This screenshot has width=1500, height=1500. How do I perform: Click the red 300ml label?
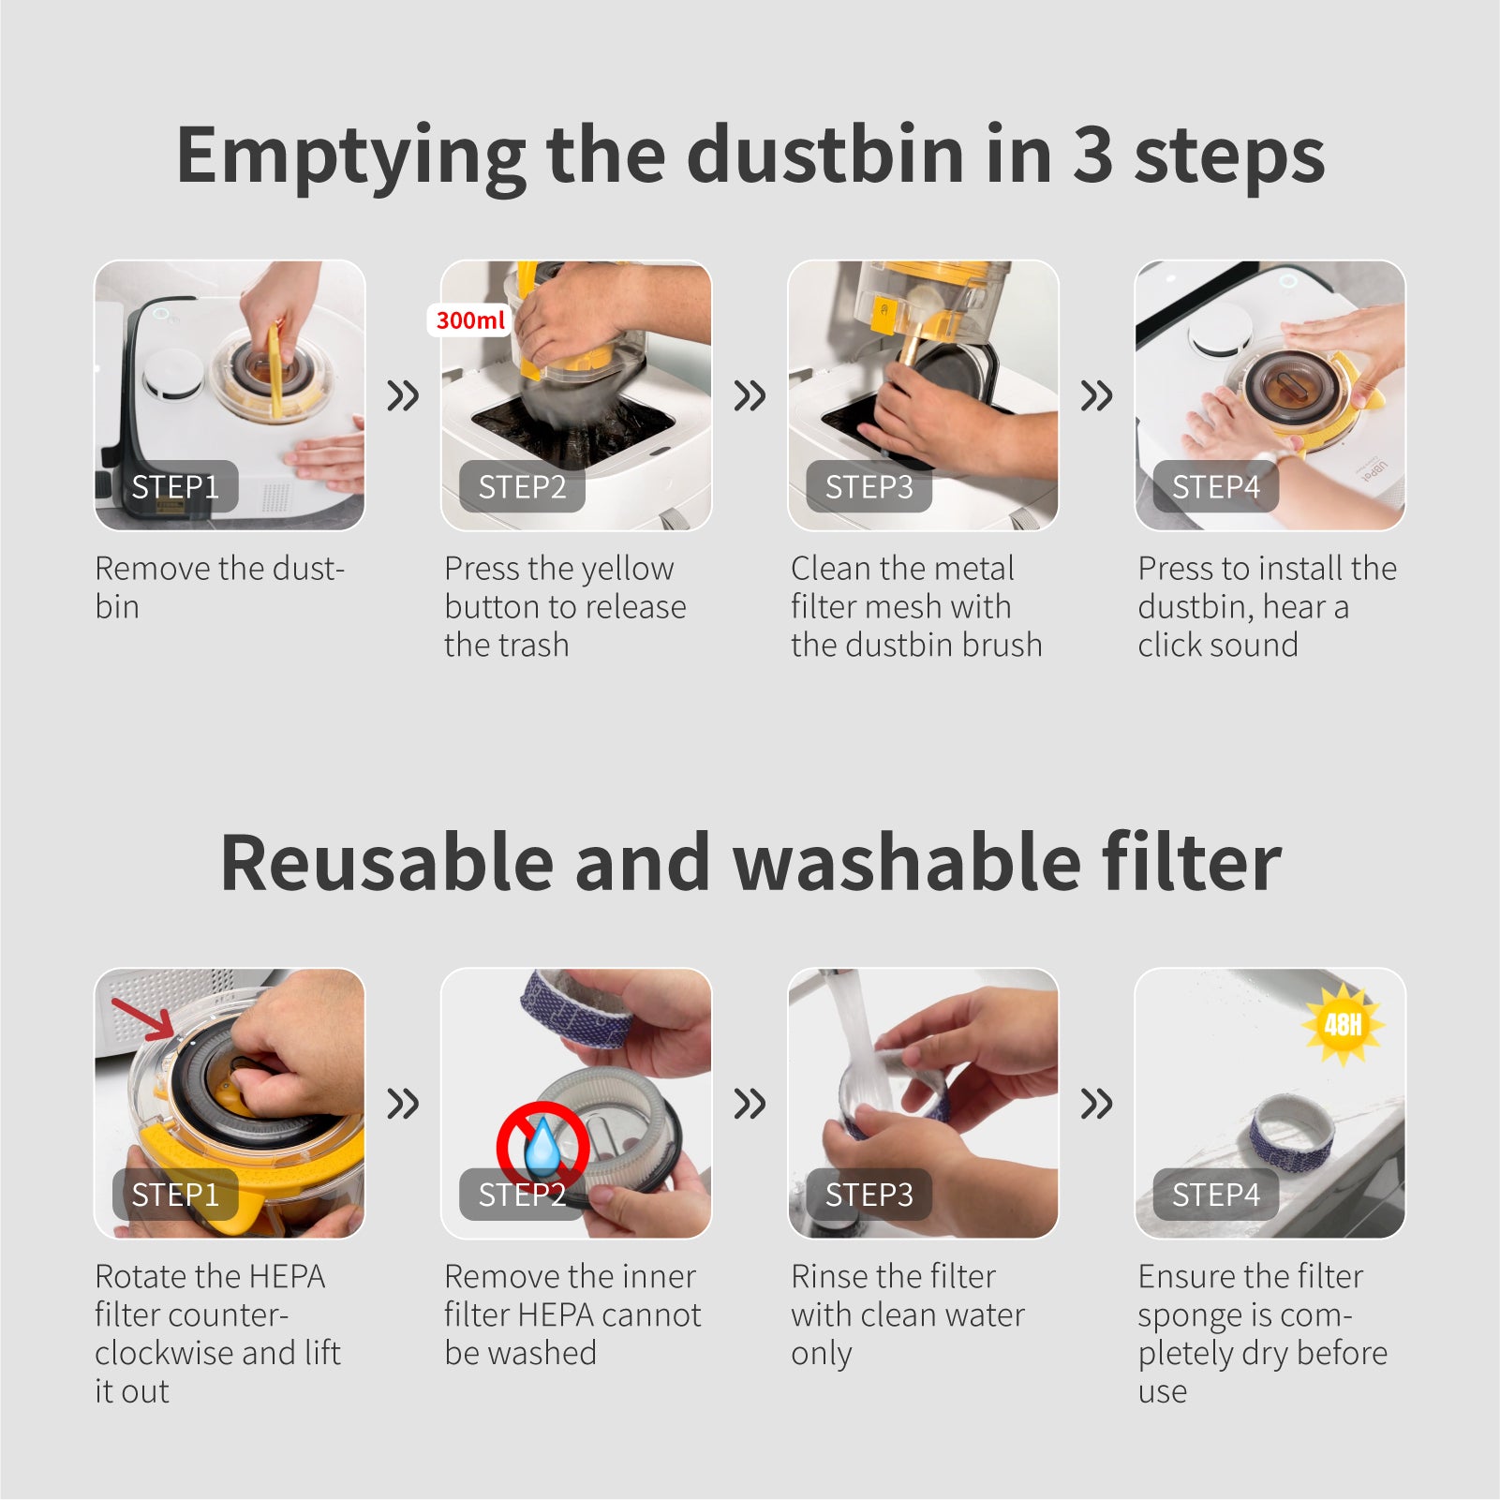click(x=470, y=320)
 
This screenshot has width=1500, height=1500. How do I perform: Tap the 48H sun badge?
click(x=1343, y=1024)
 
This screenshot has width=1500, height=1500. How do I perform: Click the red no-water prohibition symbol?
click(x=543, y=1148)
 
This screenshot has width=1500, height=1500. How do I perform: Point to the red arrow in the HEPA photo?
click(x=143, y=1018)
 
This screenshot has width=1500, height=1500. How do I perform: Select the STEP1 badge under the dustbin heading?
click(x=175, y=486)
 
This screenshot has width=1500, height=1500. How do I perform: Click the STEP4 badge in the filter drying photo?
click(x=1215, y=1195)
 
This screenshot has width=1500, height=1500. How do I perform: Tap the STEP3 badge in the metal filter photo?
click(x=869, y=486)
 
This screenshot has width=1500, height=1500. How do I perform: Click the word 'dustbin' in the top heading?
click(x=825, y=155)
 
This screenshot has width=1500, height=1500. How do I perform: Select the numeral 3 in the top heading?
click(x=1092, y=156)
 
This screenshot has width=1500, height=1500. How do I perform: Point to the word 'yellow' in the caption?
click(x=625, y=569)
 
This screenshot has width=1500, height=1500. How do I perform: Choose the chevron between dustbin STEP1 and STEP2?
click(x=403, y=395)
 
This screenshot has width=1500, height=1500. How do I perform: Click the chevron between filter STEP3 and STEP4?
click(x=1096, y=1104)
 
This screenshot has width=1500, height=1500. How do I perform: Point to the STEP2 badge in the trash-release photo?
click(x=522, y=486)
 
